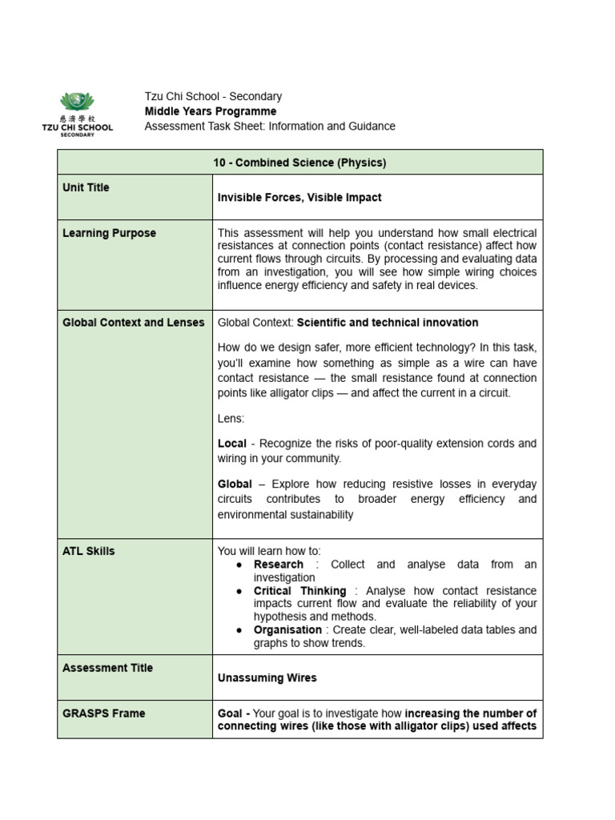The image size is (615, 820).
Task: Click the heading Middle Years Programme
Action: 210,111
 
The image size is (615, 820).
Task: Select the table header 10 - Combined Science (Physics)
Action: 299,163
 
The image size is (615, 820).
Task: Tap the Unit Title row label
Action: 86,187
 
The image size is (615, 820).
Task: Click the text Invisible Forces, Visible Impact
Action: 299,197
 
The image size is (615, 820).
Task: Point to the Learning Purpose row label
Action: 109,233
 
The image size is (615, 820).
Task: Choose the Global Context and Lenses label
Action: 133,322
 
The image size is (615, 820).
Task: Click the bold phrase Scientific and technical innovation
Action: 388,322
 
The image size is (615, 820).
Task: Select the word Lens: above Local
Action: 231,418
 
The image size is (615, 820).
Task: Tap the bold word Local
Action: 231,443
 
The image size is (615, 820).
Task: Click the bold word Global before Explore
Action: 236,484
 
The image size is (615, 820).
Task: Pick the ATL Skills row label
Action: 88,551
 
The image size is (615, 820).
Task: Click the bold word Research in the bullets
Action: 279,565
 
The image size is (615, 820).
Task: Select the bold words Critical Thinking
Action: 299,591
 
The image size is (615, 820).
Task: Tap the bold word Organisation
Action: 287,630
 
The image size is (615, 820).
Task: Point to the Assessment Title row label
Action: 107,668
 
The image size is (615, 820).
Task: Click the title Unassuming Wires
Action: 267,677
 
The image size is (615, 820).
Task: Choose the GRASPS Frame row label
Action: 103,713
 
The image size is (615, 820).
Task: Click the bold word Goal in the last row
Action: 231,713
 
